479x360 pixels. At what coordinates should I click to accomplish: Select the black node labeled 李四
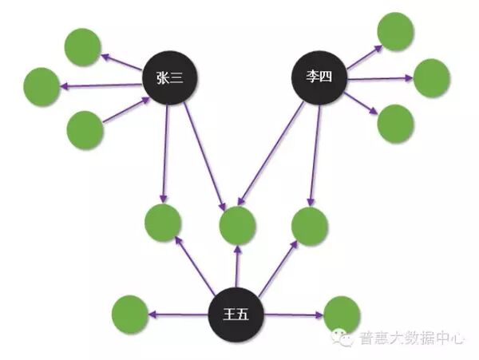(316, 77)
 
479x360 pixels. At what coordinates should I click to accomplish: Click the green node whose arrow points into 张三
(85, 129)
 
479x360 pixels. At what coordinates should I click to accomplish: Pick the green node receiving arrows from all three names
(238, 224)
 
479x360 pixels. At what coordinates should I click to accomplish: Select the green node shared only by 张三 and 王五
(163, 224)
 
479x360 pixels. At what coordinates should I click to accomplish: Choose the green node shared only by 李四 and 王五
(309, 225)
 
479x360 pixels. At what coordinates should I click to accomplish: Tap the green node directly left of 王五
(130, 314)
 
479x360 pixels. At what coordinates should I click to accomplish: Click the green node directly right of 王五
(342, 314)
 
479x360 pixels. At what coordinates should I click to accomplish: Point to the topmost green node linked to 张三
(82, 46)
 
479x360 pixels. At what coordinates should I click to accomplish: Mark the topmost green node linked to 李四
(395, 30)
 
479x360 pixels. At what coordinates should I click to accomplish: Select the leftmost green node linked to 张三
(42, 86)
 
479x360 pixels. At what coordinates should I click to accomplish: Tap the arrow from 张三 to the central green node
(204, 152)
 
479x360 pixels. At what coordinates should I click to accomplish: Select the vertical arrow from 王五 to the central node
(236, 267)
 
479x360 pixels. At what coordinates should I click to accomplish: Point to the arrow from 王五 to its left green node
(180, 315)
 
